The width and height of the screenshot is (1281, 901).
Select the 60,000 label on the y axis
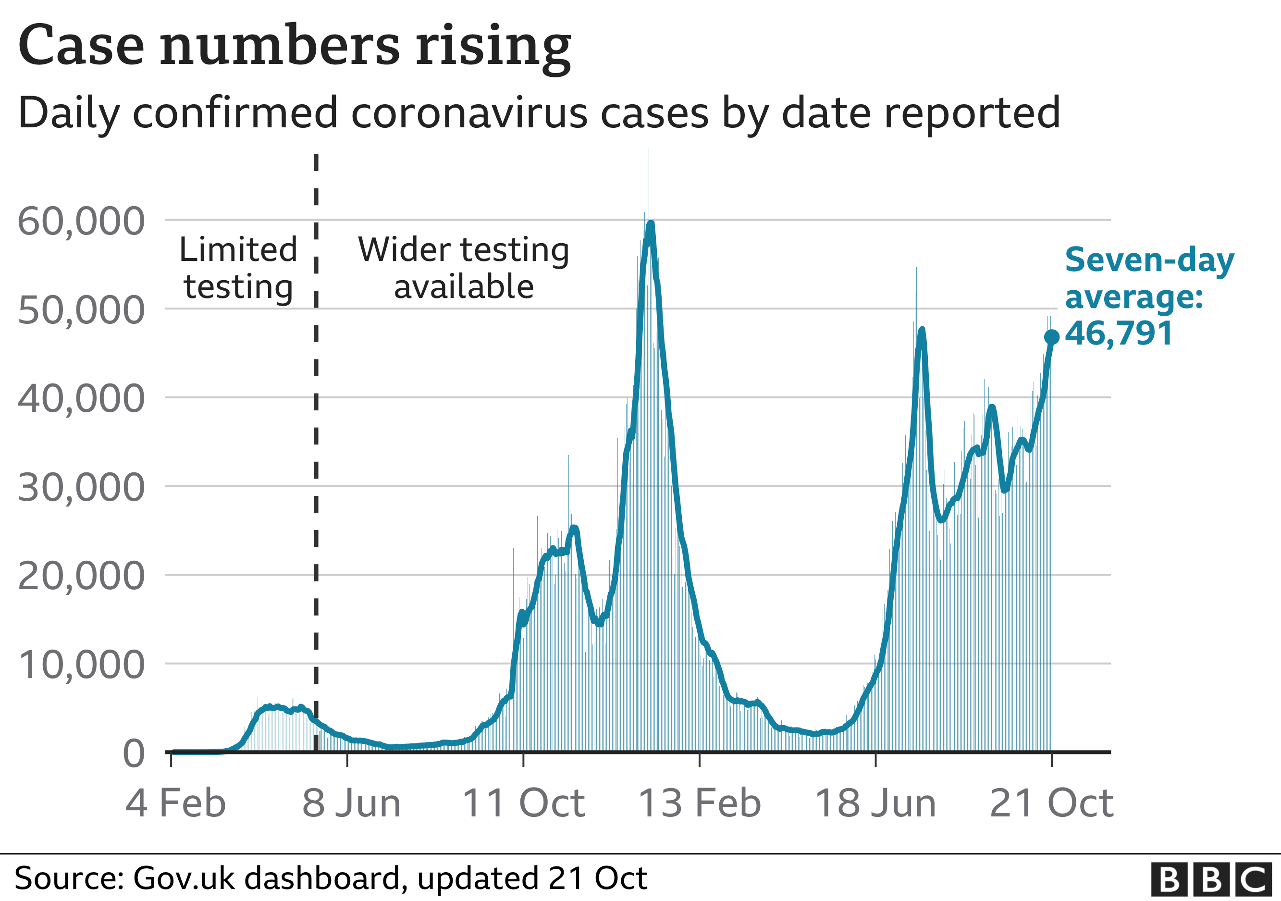[x=82, y=221]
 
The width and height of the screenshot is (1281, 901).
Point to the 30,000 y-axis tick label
[x=82, y=487]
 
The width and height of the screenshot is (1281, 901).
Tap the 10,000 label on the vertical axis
[x=82, y=665]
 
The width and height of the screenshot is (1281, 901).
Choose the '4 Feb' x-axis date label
[x=175, y=803]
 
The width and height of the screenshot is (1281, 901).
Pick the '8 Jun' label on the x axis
[x=352, y=803]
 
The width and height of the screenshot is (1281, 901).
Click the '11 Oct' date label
[x=523, y=803]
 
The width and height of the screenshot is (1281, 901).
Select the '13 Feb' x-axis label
[x=699, y=803]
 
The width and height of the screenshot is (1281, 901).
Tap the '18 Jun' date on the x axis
[x=875, y=803]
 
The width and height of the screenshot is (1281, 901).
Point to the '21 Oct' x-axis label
[x=1051, y=803]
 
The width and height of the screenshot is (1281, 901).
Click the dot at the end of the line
[x=1052, y=337]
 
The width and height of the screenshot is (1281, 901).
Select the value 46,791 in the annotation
[x=1119, y=333]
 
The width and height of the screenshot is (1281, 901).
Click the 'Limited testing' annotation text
[x=238, y=268]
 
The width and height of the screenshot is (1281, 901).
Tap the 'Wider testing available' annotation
[x=463, y=268]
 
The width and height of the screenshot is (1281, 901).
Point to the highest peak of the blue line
[x=651, y=224]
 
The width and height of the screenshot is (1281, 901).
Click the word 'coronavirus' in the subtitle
[x=468, y=113]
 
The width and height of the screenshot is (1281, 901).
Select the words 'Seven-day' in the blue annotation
[x=1149, y=260]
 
